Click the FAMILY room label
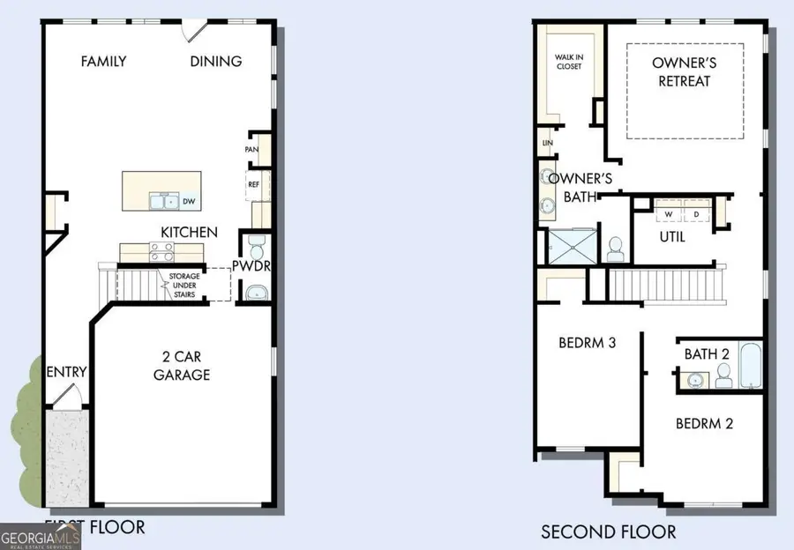click(x=103, y=62)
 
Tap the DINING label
click(x=216, y=62)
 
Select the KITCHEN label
click(x=189, y=232)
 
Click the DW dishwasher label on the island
click(x=188, y=202)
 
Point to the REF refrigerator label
click(x=252, y=185)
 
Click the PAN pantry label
click(x=251, y=150)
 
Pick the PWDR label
click(x=251, y=265)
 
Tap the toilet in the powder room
click(x=257, y=243)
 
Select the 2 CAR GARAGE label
click(x=184, y=366)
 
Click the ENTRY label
click(x=67, y=372)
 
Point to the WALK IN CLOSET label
click(x=568, y=63)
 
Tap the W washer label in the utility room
click(x=669, y=213)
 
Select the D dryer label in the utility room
click(x=695, y=213)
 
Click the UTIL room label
click(x=672, y=237)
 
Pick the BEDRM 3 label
click(x=587, y=343)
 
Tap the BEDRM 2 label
click(x=704, y=423)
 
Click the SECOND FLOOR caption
click(x=608, y=531)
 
